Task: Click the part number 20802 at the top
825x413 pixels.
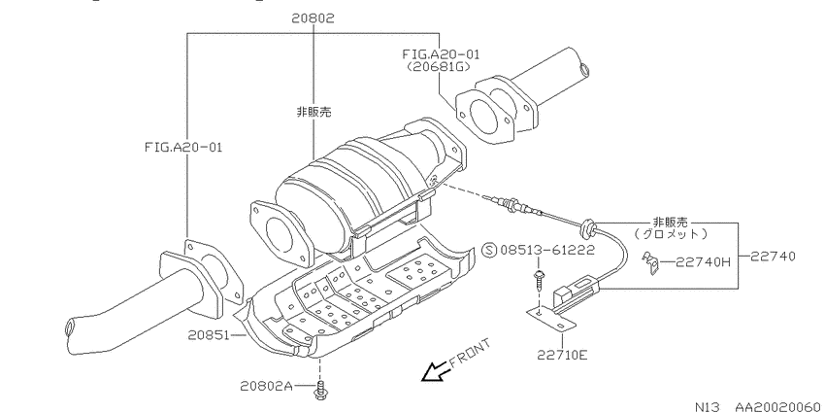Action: pyautogui.click(x=313, y=19)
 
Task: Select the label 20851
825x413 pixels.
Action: pyautogui.click(x=208, y=334)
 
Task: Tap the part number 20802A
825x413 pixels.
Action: pyautogui.click(x=266, y=386)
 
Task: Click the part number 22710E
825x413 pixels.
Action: pyautogui.click(x=562, y=355)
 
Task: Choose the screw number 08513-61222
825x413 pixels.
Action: pyautogui.click(x=547, y=250)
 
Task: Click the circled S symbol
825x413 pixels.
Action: pyautogui.click(x=489, y=250)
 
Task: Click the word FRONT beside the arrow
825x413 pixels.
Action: pyautogui.click(x=470, y=353)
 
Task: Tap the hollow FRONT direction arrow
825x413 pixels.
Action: pyautogui.click(x=435, y=371)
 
